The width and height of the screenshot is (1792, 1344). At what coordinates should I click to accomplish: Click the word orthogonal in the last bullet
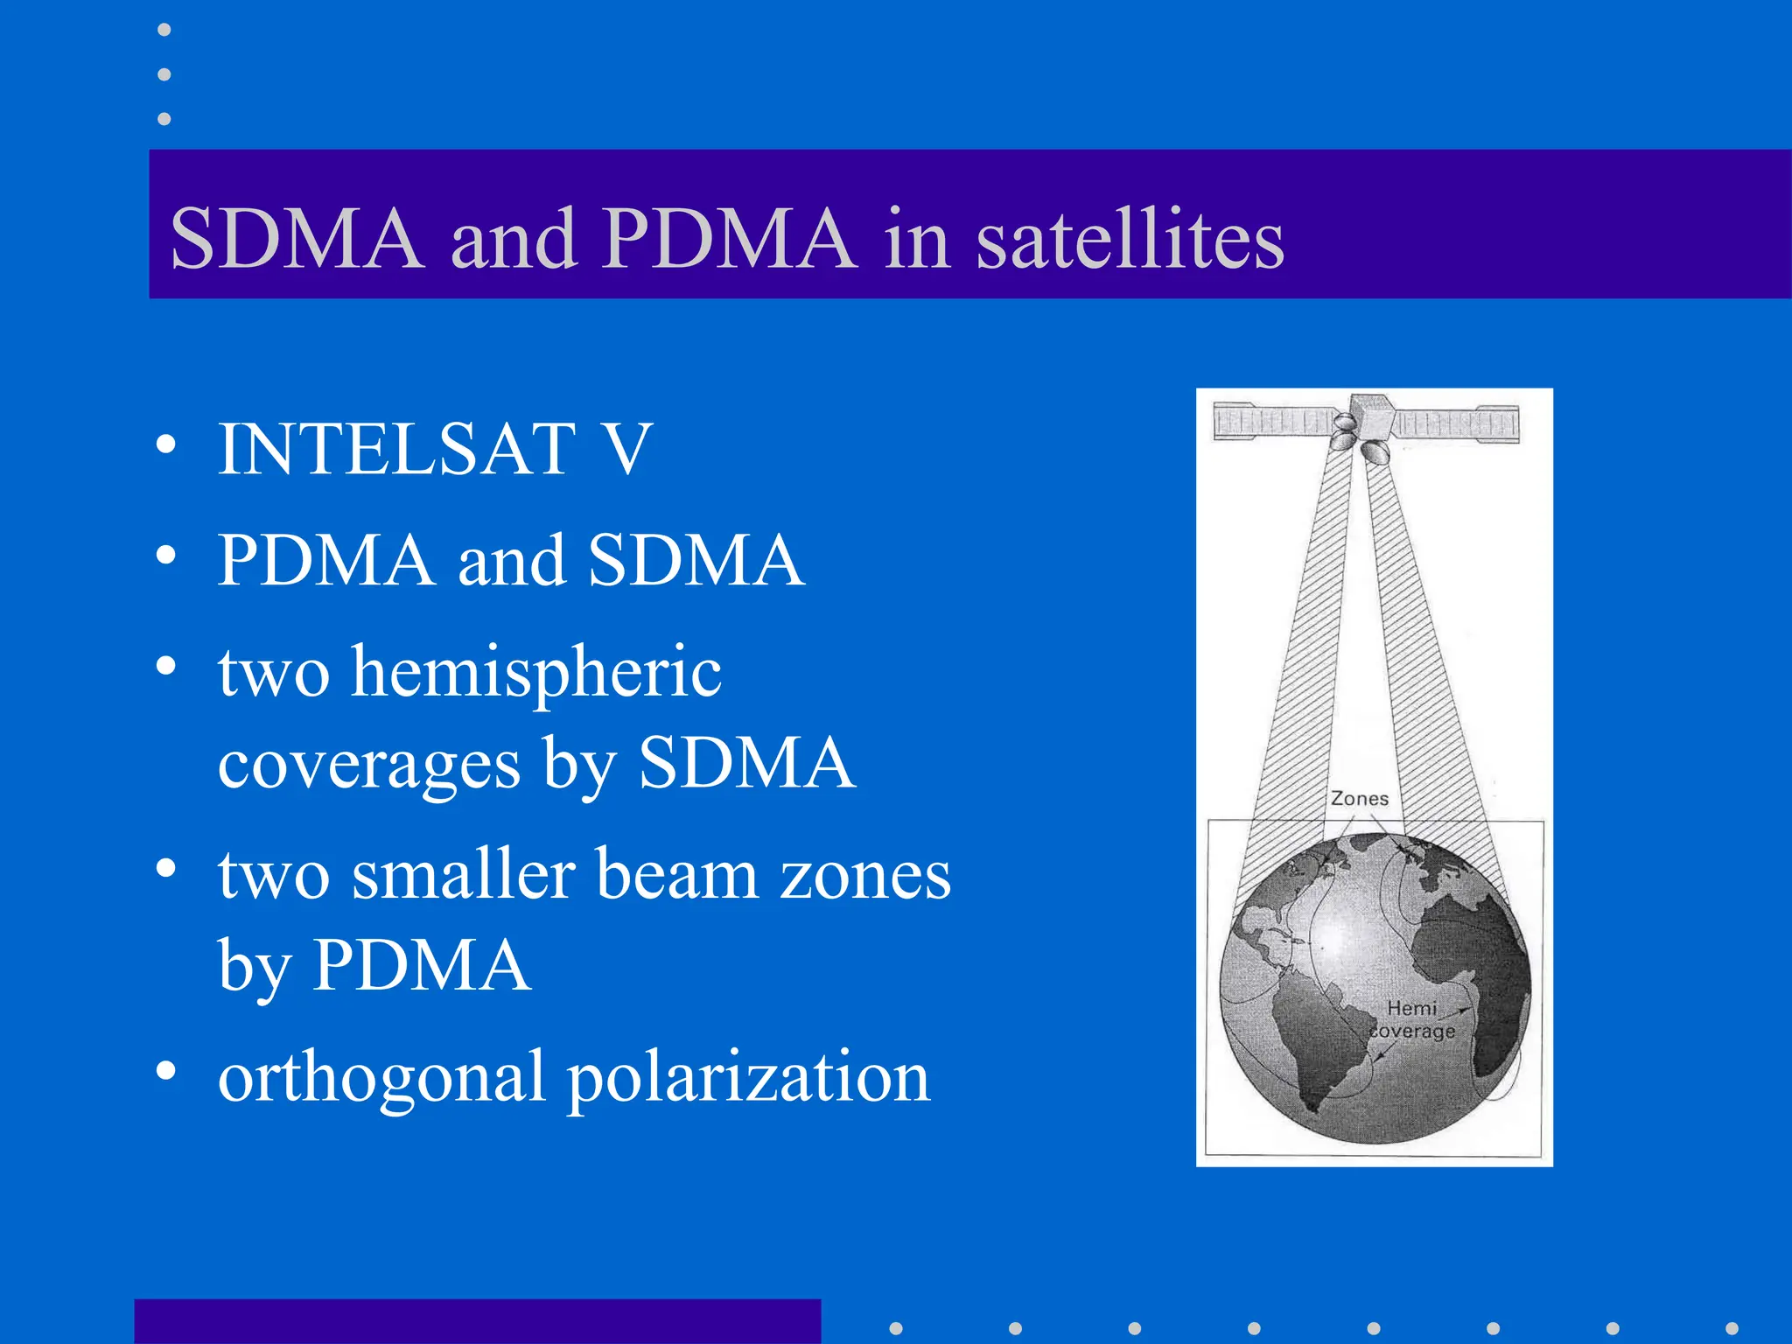[381, 1078]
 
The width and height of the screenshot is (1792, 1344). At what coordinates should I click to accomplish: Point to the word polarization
[749, 1078]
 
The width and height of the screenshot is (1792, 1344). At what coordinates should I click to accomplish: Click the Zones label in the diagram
[1359, 799]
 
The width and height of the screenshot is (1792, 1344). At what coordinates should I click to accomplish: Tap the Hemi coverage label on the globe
[1411, 1020]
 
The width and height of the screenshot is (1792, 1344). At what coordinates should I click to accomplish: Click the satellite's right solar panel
[1457, 424]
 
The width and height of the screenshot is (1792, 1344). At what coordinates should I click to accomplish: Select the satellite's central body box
[1369, 418]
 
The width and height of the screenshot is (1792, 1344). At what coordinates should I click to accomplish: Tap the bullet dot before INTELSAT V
[165, 445]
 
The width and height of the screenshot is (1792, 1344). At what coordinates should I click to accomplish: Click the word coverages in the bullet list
[368, 765]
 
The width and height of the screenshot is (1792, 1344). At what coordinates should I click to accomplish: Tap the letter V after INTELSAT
[628, 450]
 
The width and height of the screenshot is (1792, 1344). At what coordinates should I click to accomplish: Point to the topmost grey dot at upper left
[164, 30]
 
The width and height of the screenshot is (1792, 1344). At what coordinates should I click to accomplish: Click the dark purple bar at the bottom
[477, 1321]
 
